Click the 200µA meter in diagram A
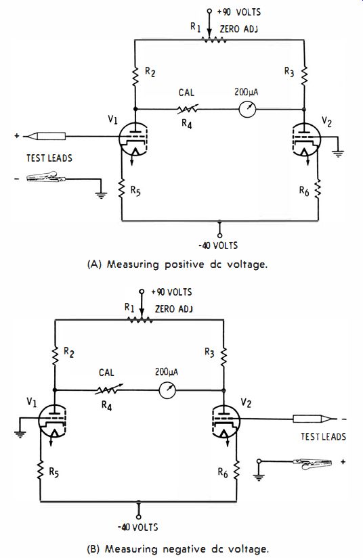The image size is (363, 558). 247,109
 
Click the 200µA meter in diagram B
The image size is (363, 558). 167,390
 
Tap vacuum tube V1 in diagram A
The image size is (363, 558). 133,139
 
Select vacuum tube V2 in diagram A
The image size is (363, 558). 305,140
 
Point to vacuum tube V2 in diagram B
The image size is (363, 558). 226,421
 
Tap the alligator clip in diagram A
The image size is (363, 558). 47,177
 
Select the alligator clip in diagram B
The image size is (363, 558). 312,464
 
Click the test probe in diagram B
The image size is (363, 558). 314,419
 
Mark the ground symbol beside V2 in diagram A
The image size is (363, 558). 338,153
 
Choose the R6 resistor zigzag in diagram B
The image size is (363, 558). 236,470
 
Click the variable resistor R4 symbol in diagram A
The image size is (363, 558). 188,109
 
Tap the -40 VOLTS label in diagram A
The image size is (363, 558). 217,246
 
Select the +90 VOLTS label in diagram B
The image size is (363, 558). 171,292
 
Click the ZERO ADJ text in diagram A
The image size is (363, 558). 238,29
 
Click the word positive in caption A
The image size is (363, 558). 184,264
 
